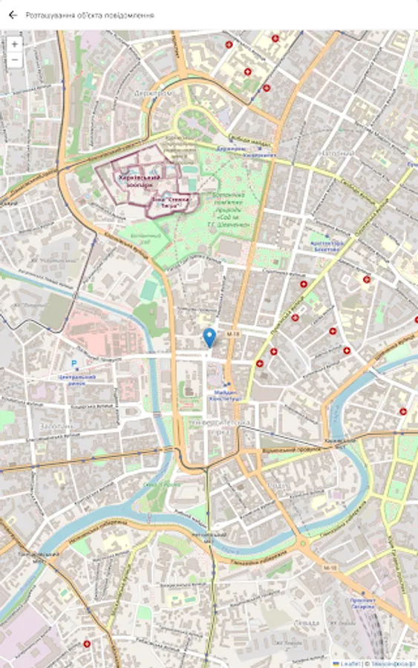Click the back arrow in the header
click(x=13, y=14)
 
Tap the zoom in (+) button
click(x=14, y=44)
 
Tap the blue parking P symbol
click(x=74, y=364)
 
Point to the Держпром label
click(x=153, y=94)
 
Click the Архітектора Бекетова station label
click(x=327, y=246)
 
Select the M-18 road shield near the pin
click(x=233, y=335)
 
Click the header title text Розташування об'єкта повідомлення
click(x=90, y=14)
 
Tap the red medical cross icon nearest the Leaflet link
click(x=402, y=410)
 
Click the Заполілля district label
click(x=56, y=427)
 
